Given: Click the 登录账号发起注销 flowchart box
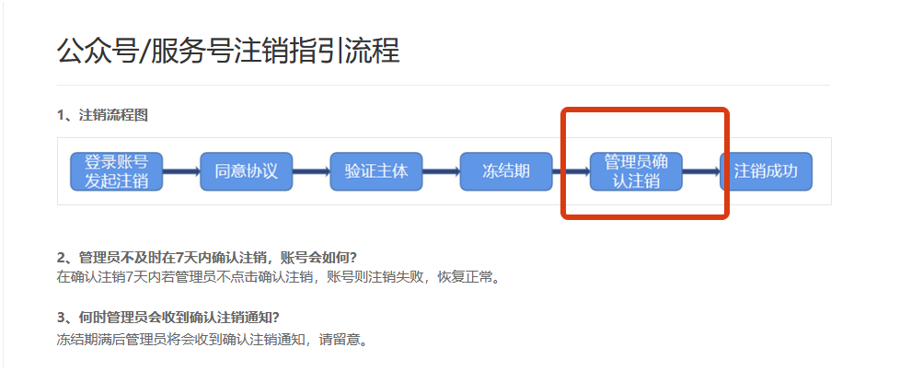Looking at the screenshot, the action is [116, 171].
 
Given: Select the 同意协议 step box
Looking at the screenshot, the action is [246, 171].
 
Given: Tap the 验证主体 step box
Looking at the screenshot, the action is [375, 171].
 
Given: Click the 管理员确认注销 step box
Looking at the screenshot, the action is [636, 171].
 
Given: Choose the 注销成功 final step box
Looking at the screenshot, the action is [766, 171].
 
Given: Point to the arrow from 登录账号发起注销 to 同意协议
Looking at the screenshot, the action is [181, 171].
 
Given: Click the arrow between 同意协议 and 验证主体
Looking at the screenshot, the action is [311, 171].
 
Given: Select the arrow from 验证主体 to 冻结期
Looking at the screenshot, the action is [441, 171].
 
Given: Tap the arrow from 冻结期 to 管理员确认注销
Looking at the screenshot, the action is [571, 171].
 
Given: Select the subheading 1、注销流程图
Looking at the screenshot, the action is [102, 115].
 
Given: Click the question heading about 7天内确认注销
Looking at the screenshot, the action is [207, 256].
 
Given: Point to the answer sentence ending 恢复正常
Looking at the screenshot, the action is [278, 276].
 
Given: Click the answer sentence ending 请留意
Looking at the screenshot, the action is [213, 339].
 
